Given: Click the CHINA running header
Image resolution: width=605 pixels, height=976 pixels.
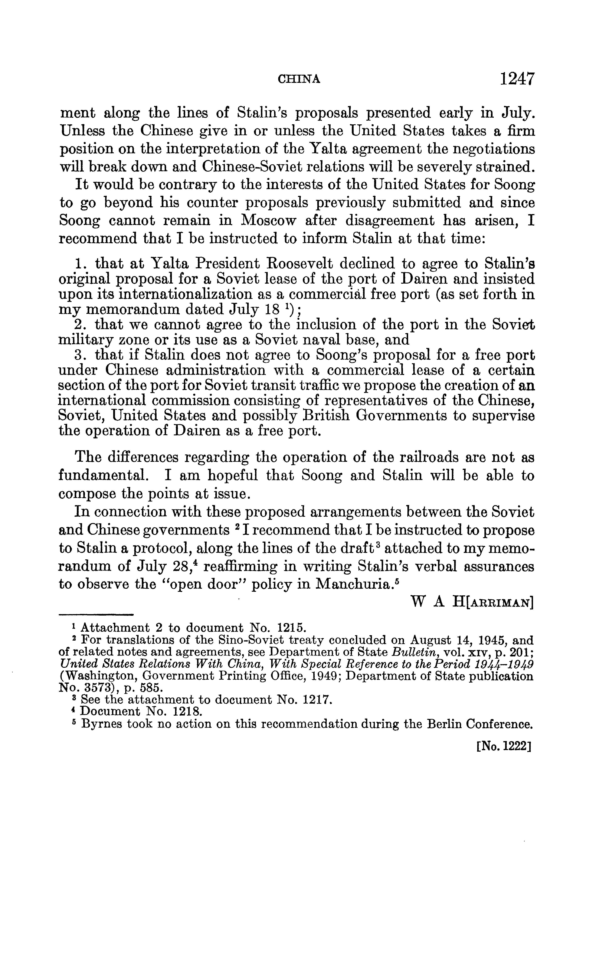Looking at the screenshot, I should coord(299,80).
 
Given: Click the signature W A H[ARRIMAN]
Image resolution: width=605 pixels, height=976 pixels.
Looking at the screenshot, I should coord(472,602).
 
